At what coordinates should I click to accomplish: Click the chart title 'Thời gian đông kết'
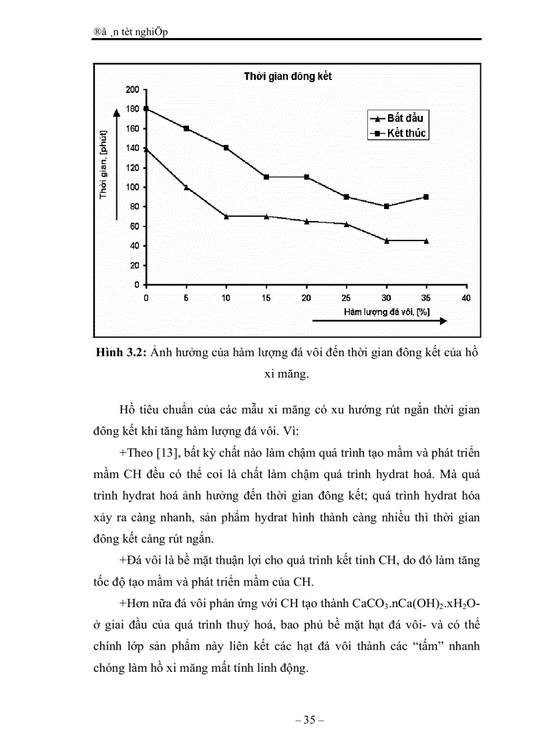287,76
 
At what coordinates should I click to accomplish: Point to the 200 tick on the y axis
132,89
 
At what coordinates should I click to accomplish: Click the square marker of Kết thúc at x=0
146,109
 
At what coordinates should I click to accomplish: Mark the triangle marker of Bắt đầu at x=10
226,216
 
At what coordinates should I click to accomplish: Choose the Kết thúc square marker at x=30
386,206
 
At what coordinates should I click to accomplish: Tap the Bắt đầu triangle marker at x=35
426,240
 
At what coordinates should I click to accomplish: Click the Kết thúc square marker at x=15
266,177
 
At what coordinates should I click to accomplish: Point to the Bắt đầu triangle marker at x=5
186,187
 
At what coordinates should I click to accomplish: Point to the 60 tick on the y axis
134,226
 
